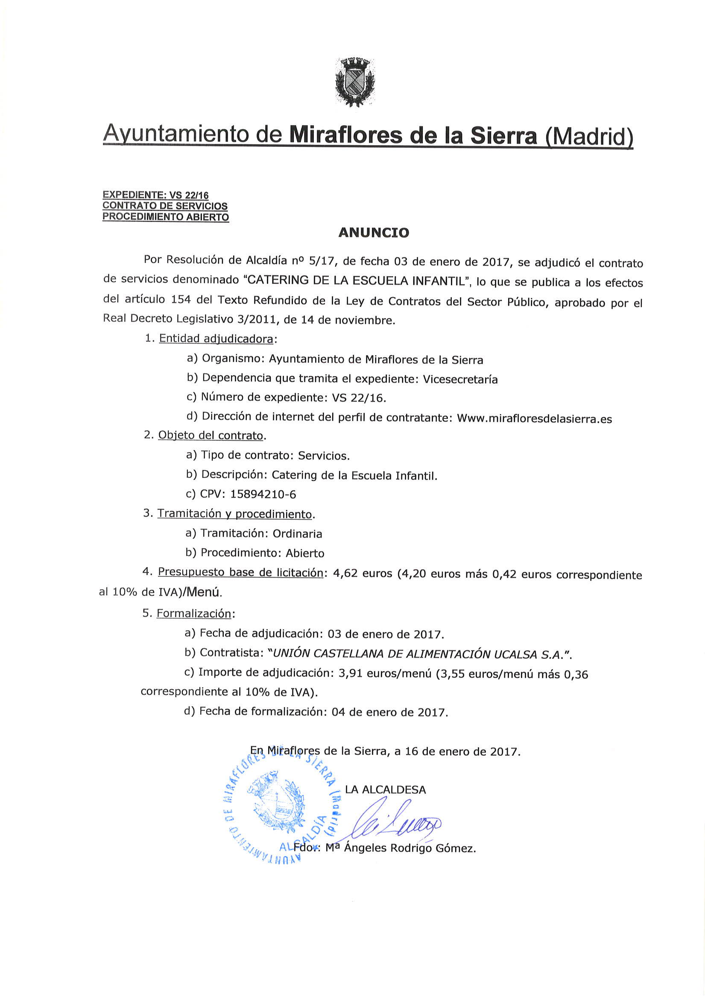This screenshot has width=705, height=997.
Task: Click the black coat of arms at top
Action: pos(354,82)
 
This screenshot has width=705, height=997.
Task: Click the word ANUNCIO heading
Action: pos(374,233)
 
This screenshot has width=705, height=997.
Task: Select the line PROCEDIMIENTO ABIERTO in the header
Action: pos(166,216)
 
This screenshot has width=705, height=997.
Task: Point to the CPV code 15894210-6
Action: pos(263,494)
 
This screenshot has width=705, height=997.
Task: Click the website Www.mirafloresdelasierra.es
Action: pos(534,418)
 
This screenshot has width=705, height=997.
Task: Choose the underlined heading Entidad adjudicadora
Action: pos(216,339)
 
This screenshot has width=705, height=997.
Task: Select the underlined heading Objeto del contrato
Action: pos(211,435)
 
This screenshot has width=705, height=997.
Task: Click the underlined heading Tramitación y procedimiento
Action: pos(234,514)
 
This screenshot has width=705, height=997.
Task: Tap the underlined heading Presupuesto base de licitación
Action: pos(240,572)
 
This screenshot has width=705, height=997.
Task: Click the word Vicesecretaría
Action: pos(460,379)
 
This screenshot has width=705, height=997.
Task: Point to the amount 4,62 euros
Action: pos(362,573)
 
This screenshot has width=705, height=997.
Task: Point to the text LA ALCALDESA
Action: pos(385,790)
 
